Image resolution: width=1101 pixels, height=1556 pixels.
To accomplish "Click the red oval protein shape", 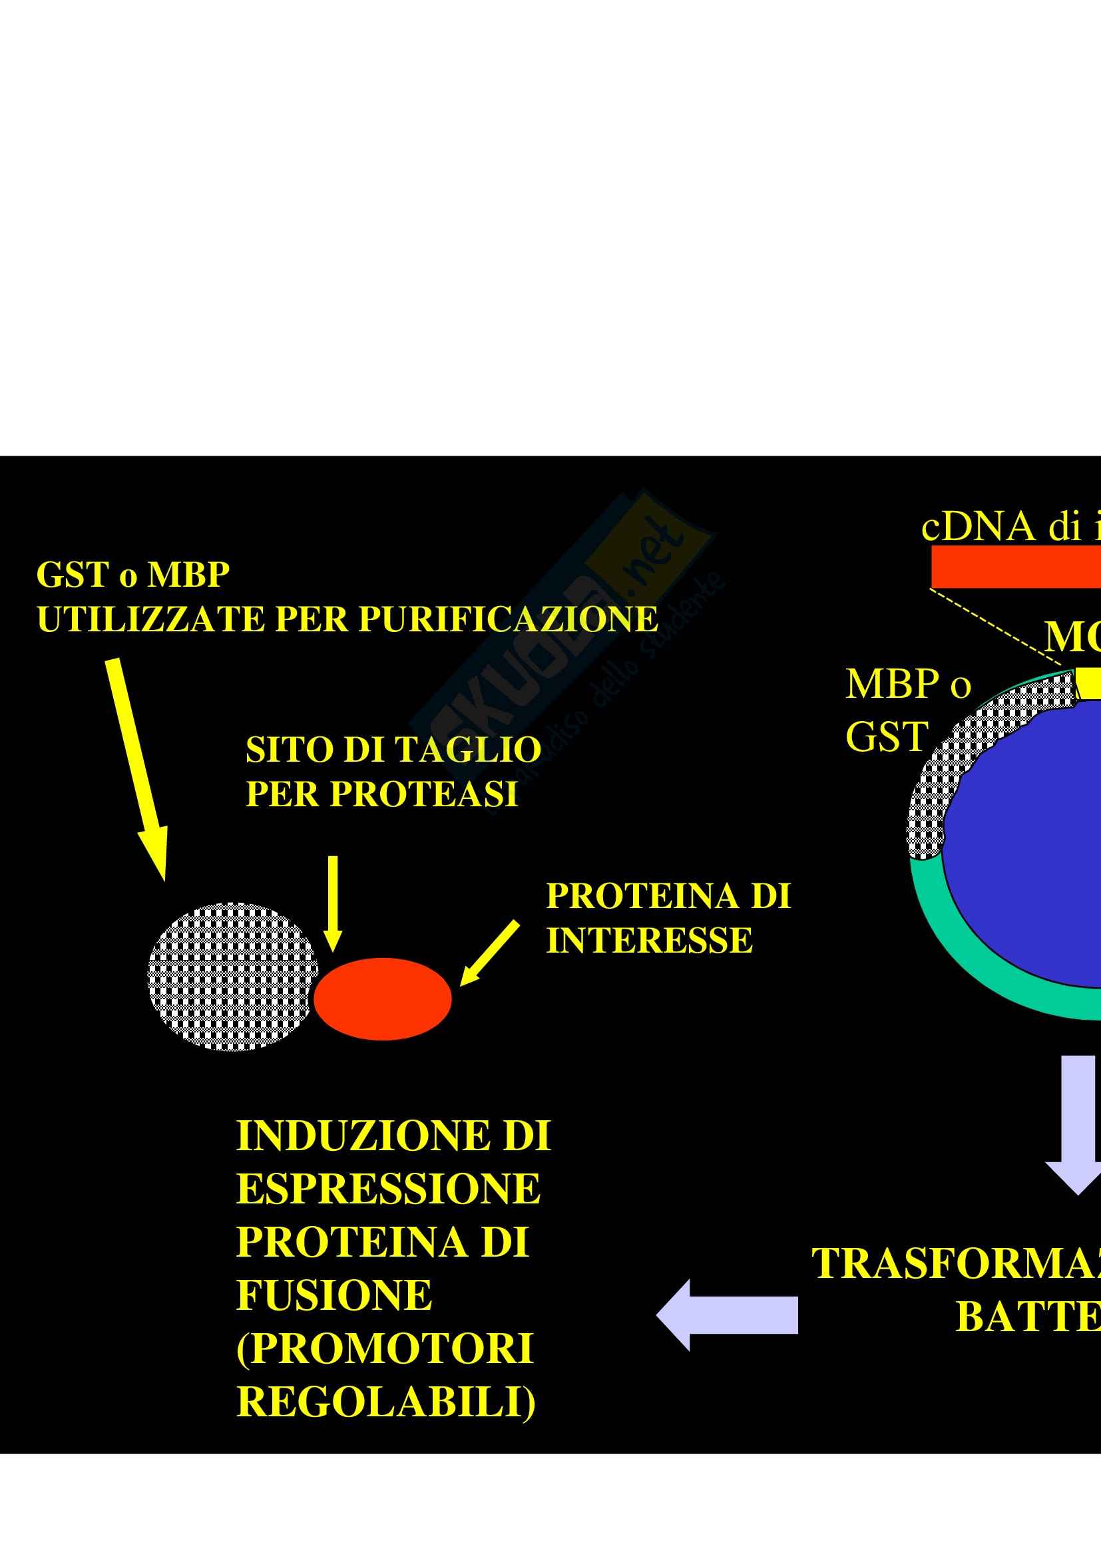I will (382, 999).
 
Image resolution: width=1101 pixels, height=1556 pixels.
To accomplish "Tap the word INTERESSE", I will (650, 941).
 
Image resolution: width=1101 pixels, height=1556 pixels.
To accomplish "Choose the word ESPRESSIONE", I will (388, 1189).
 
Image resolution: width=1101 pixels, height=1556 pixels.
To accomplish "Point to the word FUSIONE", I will (333, 1296).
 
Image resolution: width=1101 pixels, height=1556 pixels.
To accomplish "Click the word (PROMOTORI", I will (384, 1348).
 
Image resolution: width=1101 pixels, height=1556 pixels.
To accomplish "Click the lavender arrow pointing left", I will (727, 1315).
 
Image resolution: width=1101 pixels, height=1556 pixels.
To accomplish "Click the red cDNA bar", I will (1016, 567).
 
